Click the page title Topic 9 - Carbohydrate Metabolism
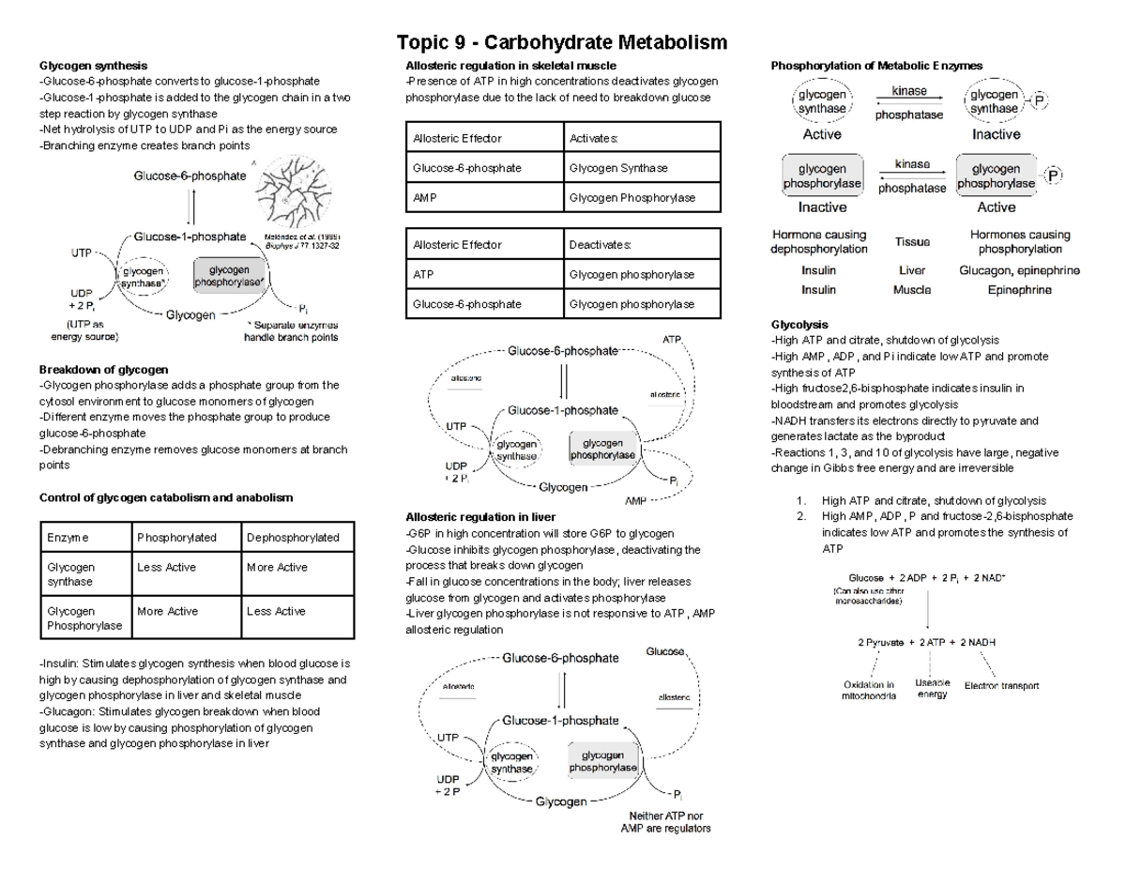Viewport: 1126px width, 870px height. click(562, 42)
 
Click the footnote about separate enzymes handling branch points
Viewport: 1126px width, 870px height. click(291, 330)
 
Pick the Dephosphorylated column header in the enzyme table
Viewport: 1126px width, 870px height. click(285, 538)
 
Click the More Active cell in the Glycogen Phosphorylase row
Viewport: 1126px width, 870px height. click(168, 611)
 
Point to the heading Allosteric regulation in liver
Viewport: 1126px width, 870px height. click(479, 517)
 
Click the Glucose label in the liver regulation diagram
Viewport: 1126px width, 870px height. click(665, 651)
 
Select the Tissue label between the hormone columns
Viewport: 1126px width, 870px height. click(911, 242)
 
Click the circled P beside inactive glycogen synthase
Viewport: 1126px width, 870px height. click(1040, 100)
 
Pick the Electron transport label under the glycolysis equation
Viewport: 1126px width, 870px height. click(1001, 686)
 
